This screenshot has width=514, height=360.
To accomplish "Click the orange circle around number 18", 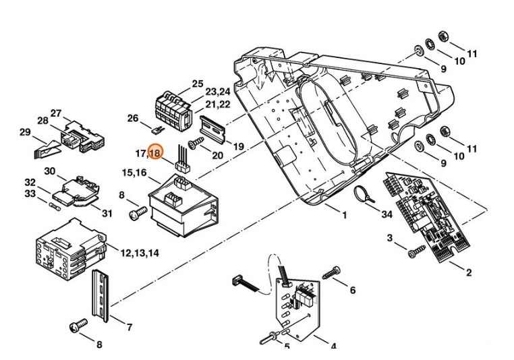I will tap(155, 153).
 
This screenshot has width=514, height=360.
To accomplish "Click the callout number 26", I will tap(133, 119).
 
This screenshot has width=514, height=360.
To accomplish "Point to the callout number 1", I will tap(344, 215).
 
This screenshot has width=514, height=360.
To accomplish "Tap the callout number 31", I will tap(107, 213).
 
